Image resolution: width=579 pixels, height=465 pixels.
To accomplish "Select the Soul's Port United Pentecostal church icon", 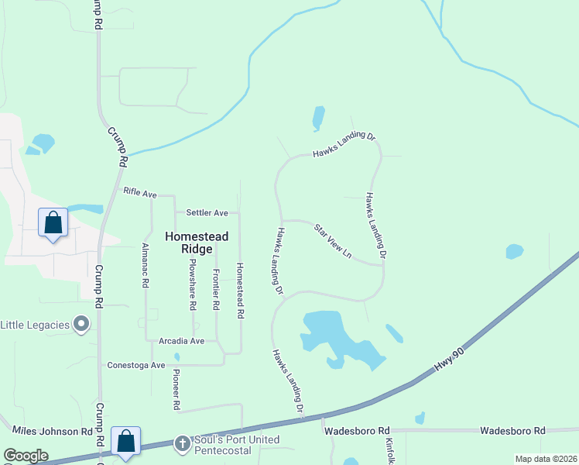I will coord(182,443).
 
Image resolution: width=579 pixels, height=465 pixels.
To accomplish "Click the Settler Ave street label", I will coord(207,212).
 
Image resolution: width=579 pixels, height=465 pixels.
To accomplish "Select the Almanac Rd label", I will coord(145,264).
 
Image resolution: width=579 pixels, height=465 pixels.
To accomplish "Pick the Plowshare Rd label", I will coord(194,284).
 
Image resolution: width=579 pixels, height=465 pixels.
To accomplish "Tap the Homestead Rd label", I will coord(240,291).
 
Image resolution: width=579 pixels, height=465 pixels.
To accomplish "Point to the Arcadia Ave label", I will coord(181,341).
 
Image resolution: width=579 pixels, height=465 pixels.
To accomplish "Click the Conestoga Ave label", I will coord(137,365).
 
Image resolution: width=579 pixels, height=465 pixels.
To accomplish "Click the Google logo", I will coord(26,456).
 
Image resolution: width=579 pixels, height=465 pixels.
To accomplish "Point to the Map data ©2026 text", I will coord(546,459).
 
